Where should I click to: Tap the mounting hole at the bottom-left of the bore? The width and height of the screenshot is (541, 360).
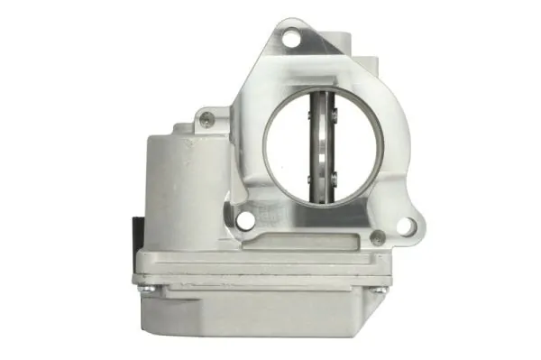pyautogui.click(x=244, y=219)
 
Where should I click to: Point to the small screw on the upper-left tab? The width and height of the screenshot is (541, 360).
pyautogui.click(x=207, y=116)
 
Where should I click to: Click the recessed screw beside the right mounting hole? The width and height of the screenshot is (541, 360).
pyautogui.click(x=378, y=238)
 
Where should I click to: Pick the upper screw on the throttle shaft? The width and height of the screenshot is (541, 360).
pyautogui.click(x=333, y=114)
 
